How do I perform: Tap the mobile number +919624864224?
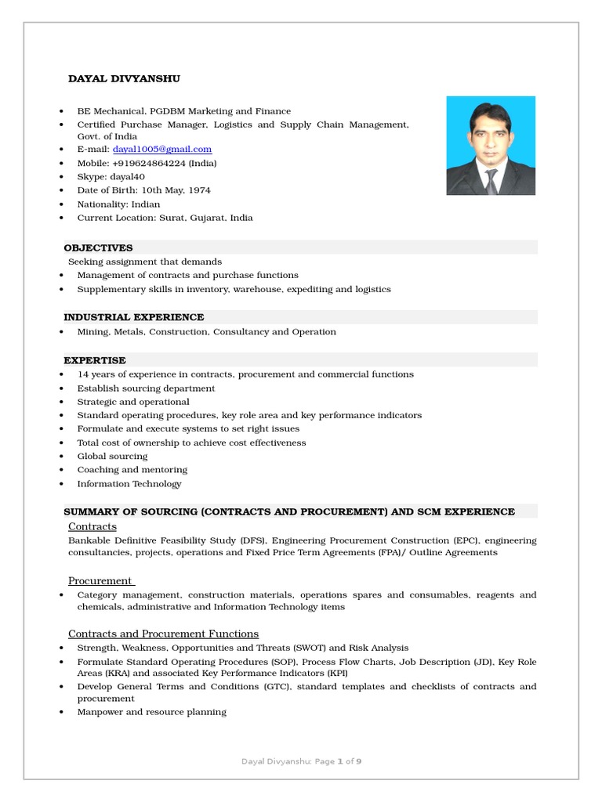[150, 163]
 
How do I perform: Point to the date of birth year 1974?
[199, 190]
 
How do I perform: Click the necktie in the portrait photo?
[491, 182]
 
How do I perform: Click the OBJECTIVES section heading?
[98, 247]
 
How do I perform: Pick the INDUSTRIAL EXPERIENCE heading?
[133, 317]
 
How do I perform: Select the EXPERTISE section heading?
[94, 360]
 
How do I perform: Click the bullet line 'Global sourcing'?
[112, 457]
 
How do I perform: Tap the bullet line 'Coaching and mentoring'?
[132, 470]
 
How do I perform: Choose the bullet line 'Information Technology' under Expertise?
[129, 484]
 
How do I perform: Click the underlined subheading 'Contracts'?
[92, 526]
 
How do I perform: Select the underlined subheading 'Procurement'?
[100, 580]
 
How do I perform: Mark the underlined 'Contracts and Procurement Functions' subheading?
[163, 634]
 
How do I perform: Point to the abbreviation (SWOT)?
[327, 648]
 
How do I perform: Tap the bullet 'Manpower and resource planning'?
[151, 712]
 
